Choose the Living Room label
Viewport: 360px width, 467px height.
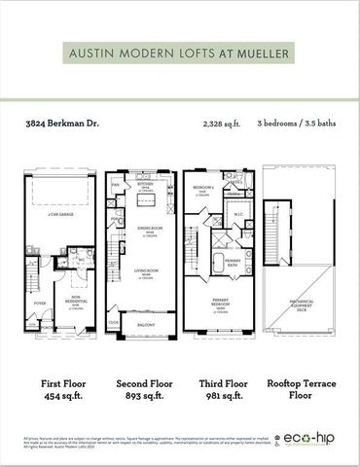point(143,276)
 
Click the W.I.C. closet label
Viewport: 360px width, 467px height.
point(238,216)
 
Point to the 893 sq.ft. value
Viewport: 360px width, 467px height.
point(143,397)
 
